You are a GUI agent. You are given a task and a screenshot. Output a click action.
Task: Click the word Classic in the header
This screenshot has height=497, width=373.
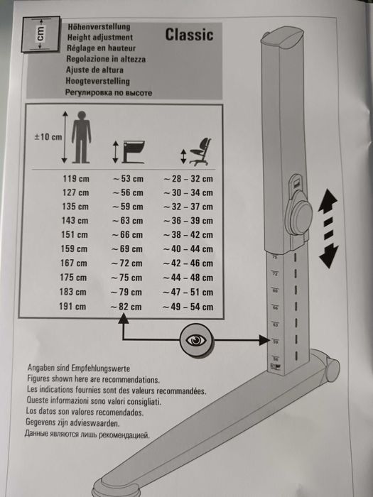189,34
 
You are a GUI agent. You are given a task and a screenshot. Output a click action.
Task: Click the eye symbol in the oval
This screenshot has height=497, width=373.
195,340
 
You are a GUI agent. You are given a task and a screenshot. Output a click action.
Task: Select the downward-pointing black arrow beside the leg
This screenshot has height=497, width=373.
328,254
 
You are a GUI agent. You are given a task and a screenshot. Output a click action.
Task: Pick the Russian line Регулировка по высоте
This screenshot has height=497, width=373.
110,92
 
